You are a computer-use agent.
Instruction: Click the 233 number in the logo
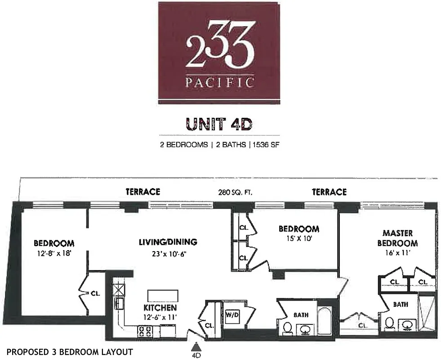[219, 50]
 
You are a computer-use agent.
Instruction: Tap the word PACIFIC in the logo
[219, 82]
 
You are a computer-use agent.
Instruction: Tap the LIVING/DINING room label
[168, 242]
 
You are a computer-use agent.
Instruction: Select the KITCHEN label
[160, 308]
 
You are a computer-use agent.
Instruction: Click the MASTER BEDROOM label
[400, 238]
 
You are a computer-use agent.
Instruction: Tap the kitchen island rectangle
[163, 296]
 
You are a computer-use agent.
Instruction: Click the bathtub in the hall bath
[325, 320]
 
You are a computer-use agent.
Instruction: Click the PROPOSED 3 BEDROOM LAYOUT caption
[70, 351]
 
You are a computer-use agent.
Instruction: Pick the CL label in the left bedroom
[95, 293]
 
